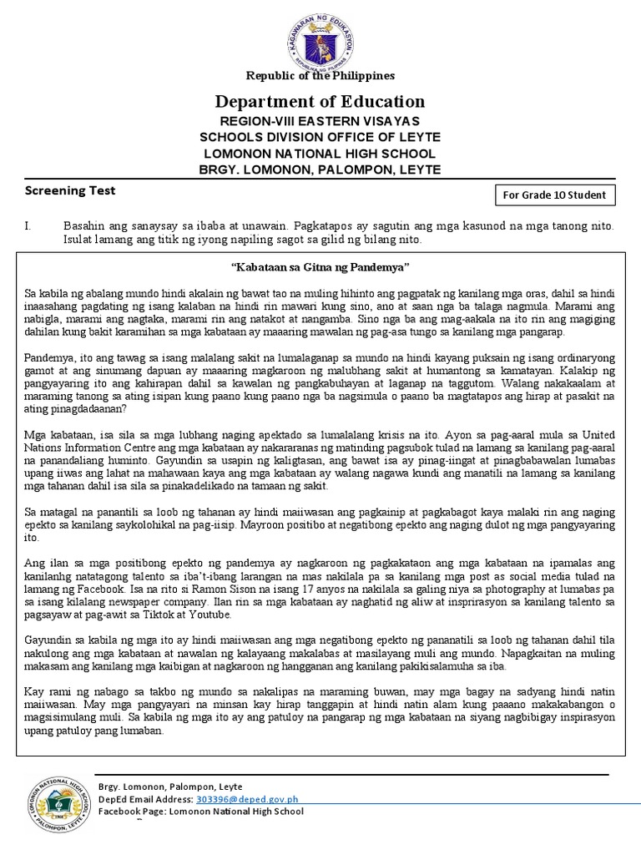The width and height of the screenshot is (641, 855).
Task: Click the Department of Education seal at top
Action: click(320, 38)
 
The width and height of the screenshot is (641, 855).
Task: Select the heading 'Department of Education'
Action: click(320, 102)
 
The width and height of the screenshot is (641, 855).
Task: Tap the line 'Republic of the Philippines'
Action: click(320, 75)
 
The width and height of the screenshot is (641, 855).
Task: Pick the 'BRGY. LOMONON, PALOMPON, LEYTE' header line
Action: click(320, 169)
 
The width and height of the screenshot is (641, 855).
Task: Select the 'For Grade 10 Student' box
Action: click(555, 196)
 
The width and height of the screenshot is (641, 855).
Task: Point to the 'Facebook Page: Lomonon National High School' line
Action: click(201, 812)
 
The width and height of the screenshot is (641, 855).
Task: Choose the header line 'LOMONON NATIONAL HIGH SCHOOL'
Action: click(320, 154)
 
